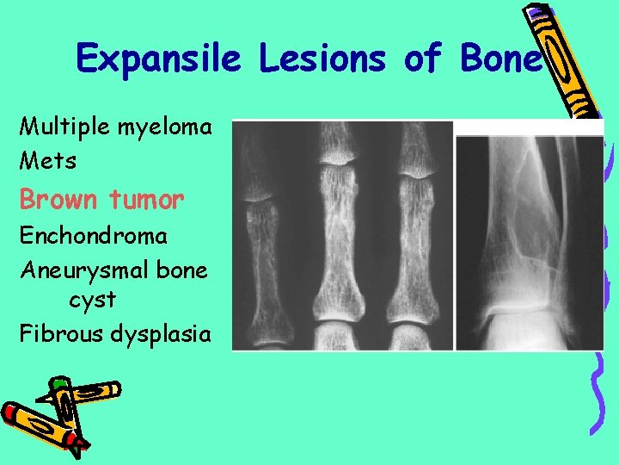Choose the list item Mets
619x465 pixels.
click(x=48, y=160)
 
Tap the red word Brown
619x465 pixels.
click(x=58, y=200)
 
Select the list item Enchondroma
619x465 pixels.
click(x=94, y=234)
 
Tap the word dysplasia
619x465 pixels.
click(x=161, y=334)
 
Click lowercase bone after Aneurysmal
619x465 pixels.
click(x=185, y=270)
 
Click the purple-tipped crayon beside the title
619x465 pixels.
click(x=567, y=60)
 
